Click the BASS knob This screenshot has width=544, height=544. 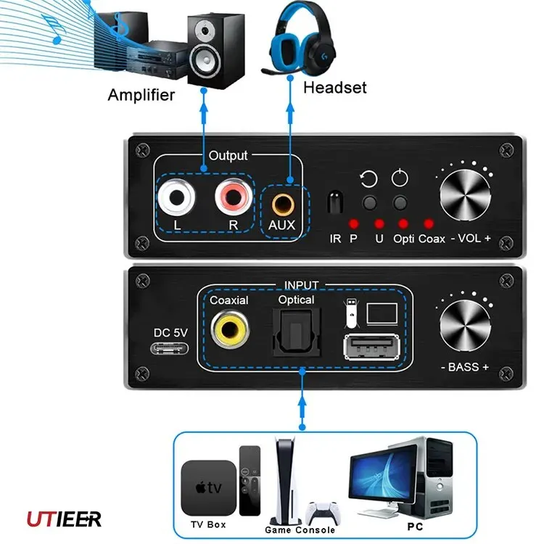463,323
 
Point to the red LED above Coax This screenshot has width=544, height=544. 429,223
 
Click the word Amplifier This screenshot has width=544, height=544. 141,94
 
